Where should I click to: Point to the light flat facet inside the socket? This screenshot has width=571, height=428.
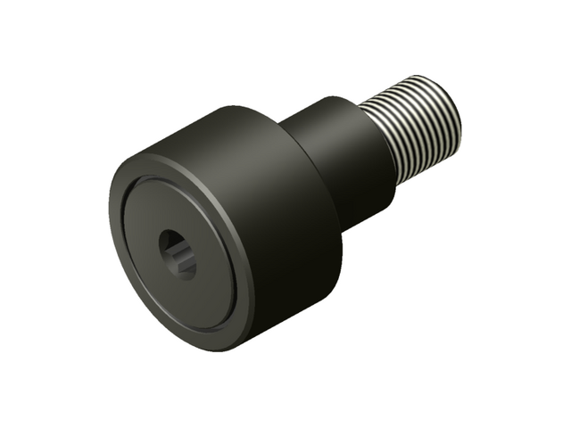[185, 259]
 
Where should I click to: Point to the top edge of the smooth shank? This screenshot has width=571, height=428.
[326, 100]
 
